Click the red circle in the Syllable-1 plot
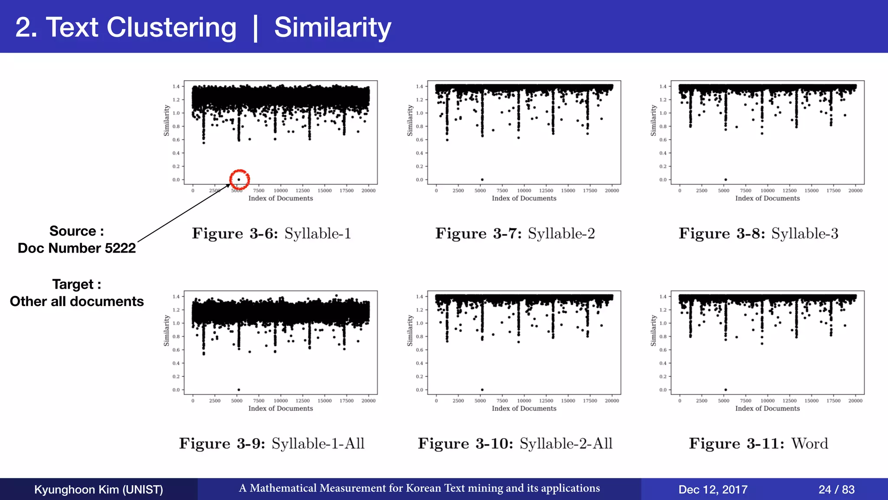click(x=239, y=179)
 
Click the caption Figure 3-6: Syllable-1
click(x=271, y=234)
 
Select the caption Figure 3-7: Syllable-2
click(x=515, y=234)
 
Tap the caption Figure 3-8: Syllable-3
click(x=758, y=234)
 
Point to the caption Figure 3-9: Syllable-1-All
click(x=272, y=444)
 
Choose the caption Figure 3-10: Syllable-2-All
click(x=515, y=444)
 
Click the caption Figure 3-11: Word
click(x=758, y=444)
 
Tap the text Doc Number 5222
click(x=77, y=248)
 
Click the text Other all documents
click(x=77, y=301)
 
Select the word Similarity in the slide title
click(x=333, y=27)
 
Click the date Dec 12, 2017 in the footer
click(x=713, y=490)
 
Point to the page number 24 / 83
click(x=836, y=490)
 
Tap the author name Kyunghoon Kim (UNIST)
click(x=98, y=490)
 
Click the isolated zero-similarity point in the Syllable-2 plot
click(x=482, y=180)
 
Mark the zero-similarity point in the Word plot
click(x=726, y=390)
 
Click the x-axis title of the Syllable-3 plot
click(x=767, y=198)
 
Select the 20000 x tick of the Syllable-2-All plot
click(x=612, y=401)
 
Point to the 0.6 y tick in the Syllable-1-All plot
click(x=176, y=350)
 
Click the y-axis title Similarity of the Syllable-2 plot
click(x=410, y=120)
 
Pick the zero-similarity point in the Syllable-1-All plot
click(x=239, y=390)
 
